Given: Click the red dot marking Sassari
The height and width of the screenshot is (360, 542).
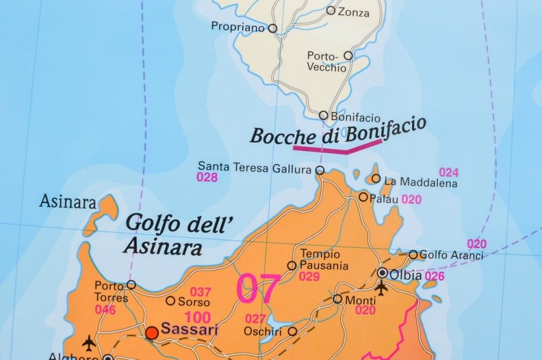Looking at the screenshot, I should coord(152,333).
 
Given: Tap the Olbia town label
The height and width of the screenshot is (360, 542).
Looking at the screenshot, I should coord(406,275).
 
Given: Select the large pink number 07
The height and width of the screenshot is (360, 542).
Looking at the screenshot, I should coord(258,288).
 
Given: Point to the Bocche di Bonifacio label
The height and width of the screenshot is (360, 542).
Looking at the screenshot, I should coord(337,133).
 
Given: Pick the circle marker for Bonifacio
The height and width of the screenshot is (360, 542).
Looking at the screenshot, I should coord(324,115).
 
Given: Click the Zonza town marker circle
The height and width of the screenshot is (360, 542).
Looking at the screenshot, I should coord(331,10).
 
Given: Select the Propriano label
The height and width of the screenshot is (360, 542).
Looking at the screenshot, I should coord(238,27).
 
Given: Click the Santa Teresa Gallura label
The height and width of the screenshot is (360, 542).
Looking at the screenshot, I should coord(255,167).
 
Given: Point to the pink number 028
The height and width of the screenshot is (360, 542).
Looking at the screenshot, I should coord(207,177).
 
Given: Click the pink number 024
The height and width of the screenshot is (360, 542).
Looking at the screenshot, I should coord(449,172).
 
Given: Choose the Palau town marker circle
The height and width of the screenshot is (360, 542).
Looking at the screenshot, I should coord(364,197).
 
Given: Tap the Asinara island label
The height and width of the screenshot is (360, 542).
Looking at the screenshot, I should coord(68,201).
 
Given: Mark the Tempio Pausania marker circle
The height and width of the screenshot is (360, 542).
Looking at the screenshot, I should coord(292,265).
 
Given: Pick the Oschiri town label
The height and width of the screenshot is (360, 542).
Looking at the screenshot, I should coord(264,332).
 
